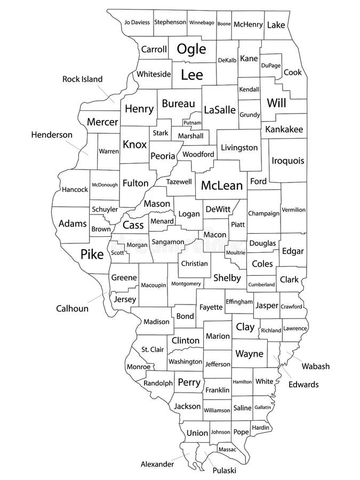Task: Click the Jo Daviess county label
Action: pos(137,22)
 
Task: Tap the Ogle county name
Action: pos(191,49)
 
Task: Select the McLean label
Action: pos(222,186)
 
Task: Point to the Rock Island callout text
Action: pos(82,79)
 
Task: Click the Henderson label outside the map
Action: pos(51,135)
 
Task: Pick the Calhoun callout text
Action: pos(72,308)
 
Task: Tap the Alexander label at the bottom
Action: pos(157,464)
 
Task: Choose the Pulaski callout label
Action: pos(224,470)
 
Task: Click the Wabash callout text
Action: pos(316,366)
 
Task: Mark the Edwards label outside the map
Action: pos(303,384)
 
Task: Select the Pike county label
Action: pos(92,254)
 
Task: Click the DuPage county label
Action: pos(271,65)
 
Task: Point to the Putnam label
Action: pos(191,123)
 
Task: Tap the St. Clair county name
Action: pos(152,350)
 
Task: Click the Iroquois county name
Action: pos(288,160)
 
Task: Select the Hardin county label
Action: pos(260,428)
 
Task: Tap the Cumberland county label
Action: pos(261,285)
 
